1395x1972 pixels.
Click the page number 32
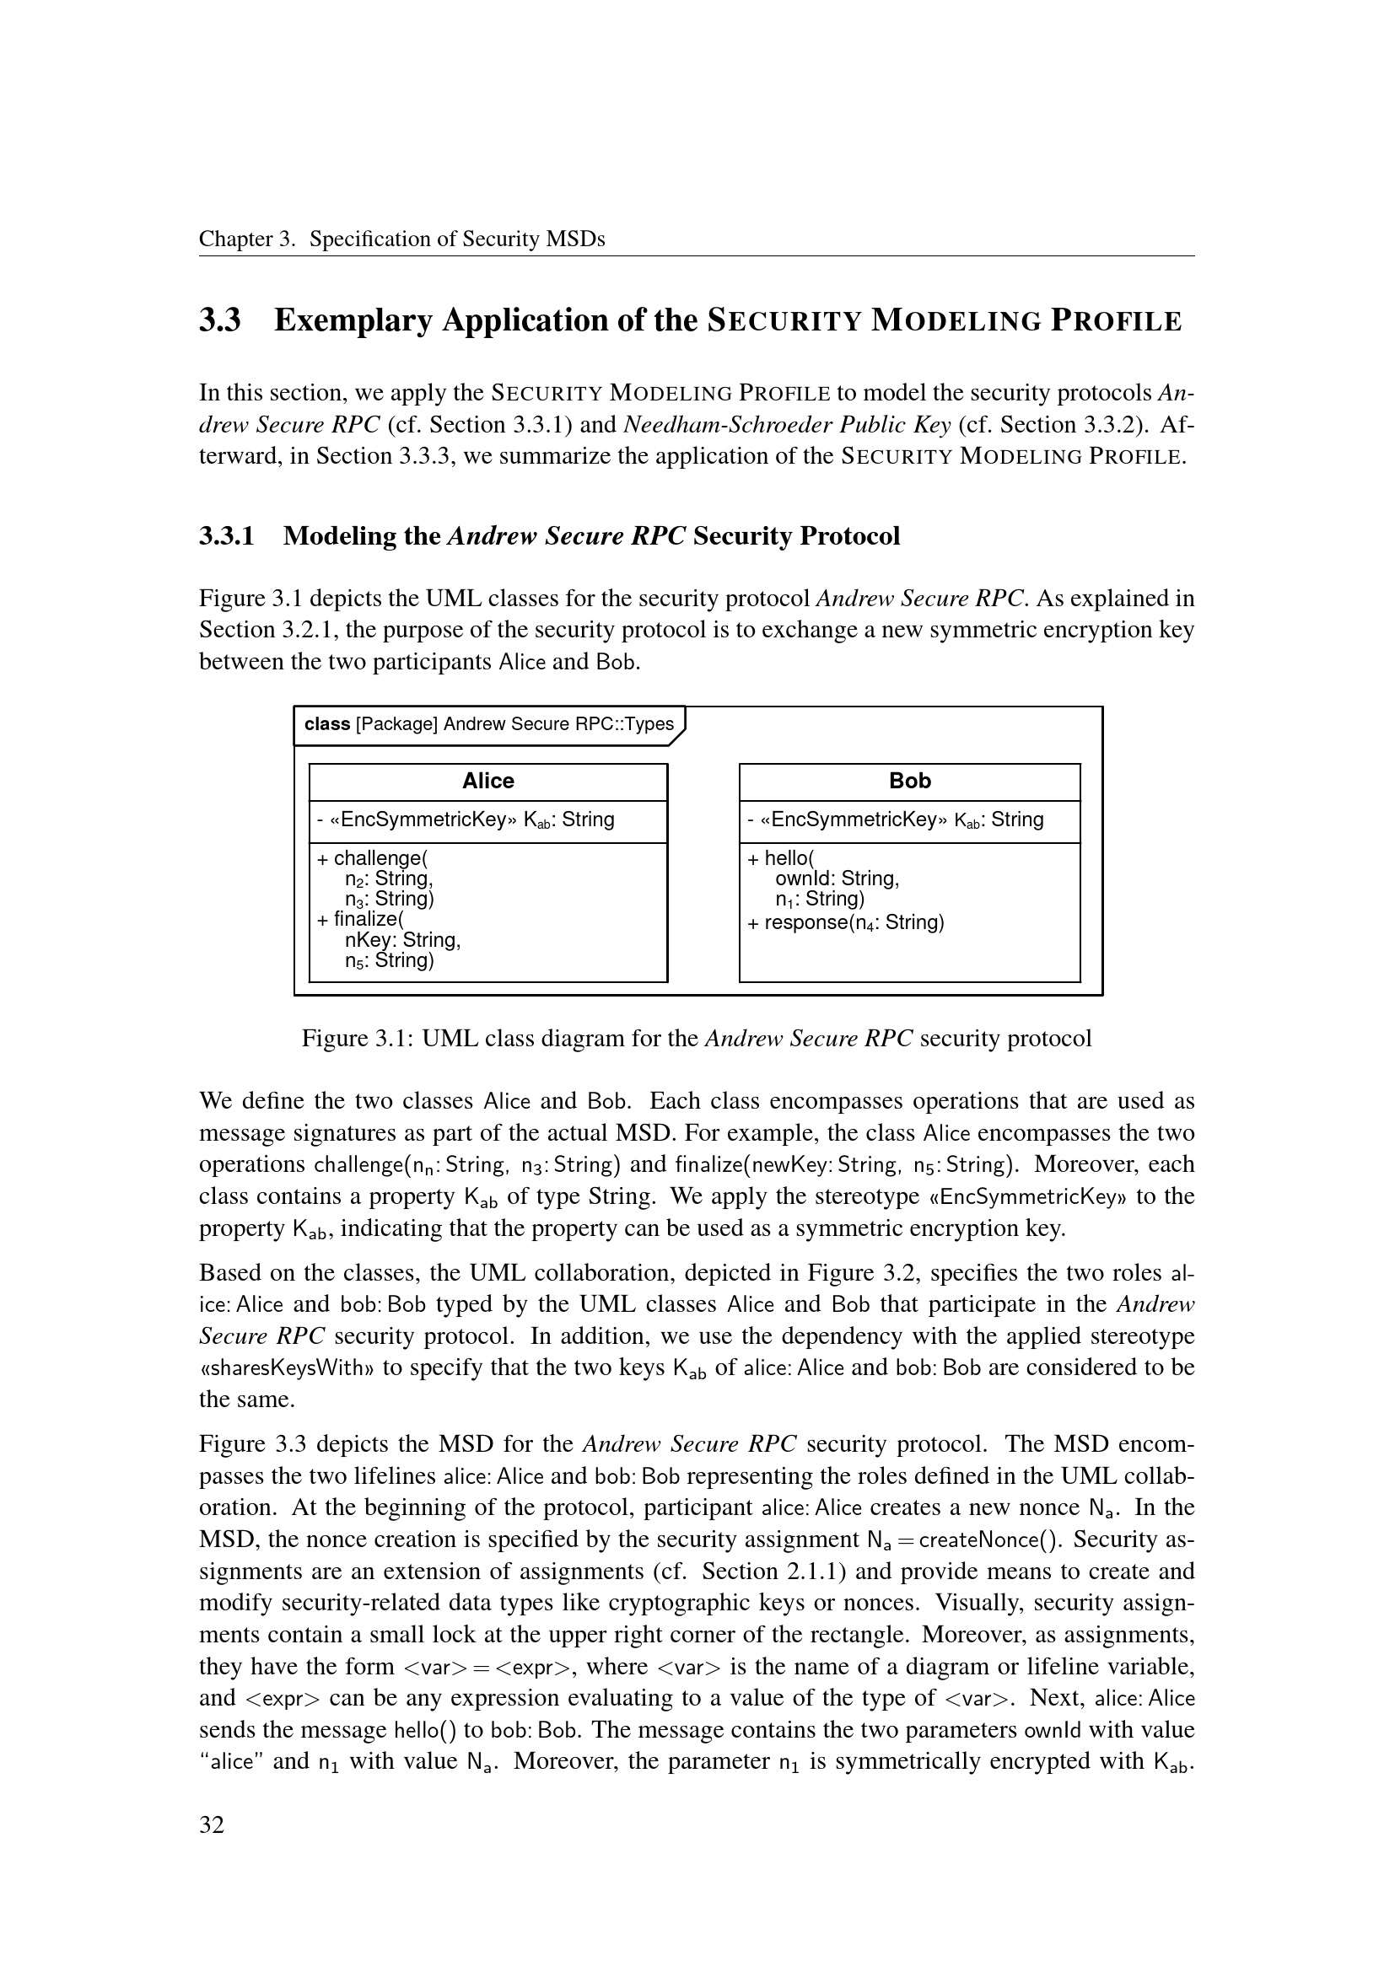[213, 1824]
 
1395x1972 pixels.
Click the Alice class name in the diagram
[487, 781]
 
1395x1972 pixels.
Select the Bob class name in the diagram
[910, 781]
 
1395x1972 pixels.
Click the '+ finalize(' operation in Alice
[361, 919]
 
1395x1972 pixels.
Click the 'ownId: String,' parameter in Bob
[837, 879]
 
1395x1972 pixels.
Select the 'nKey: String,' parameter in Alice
[402, 939]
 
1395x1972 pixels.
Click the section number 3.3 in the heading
[220, 321]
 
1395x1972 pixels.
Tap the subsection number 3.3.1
[227, 536]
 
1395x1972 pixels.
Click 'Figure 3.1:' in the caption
[358, 1039]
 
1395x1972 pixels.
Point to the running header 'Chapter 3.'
[247, 239]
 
